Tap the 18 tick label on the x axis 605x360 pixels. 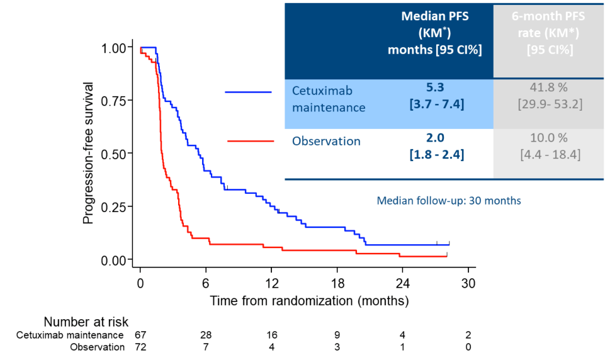click(337, 281)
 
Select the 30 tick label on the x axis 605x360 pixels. click(468, 281)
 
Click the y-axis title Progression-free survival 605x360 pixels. click(89, 153)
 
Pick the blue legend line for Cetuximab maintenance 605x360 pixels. click(248, 93)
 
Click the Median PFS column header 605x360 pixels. click(435, 33)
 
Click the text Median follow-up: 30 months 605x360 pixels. click(449, 201)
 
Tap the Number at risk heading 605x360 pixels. click(86, 323)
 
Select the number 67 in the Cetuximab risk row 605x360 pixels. click(140, 335)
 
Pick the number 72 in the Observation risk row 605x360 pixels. click(140, 347)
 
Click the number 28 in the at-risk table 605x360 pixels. click(205, 335)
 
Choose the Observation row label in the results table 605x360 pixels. click(326, 142)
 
